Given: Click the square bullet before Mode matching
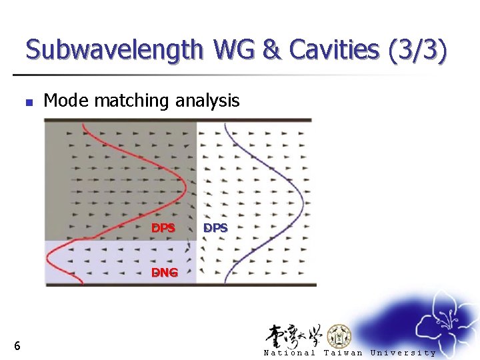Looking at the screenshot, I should click(28, 103).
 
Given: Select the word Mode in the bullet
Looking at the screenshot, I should click(67, 101).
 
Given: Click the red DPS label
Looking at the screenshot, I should click(163, 228).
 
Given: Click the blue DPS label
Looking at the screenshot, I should click(215, 228).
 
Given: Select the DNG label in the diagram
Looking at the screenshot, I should click(164, 272).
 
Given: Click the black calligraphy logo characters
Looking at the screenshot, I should click(293, 335).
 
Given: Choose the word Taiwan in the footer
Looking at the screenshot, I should click(343, 353).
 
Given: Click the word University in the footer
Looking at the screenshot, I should click(403, 353).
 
